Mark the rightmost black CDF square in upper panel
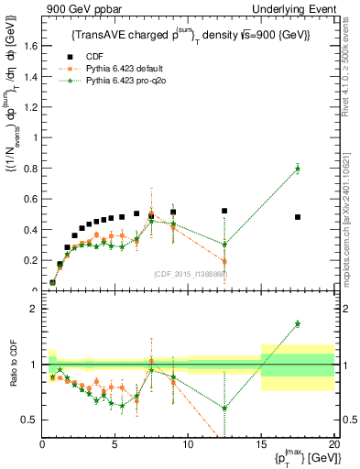click(298, 217)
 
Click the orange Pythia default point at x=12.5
click(224, 261)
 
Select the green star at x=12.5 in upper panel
click(224, 245)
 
